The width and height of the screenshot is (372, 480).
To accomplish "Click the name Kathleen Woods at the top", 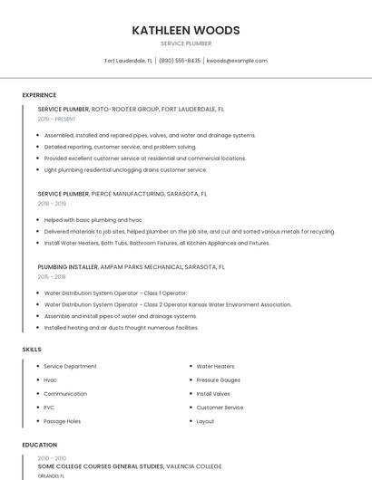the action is [186, 30].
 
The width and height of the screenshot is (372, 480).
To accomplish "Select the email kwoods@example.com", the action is [237, 61].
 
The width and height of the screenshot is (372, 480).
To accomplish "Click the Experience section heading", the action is [39, 95].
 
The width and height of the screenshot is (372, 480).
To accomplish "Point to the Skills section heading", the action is [32, 349].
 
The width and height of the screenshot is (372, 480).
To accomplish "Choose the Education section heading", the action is [40, 445].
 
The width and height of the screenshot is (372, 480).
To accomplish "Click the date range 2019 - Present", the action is [57, 119].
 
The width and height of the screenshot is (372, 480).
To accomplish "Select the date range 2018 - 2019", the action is [52, 204].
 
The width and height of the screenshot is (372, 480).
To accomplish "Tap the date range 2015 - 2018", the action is [52, 277].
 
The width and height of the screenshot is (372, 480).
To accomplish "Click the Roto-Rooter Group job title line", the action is [131, 109].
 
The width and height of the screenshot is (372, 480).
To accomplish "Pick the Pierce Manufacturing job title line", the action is [122, 194].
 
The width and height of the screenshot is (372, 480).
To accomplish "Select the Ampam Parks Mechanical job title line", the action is [132, 267].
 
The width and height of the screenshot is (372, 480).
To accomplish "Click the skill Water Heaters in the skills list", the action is [215, 367].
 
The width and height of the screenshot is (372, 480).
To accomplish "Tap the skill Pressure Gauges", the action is [218, 380].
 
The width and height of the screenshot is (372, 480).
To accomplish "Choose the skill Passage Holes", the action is [62, 421].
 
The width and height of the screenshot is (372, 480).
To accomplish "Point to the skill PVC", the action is [49, 408].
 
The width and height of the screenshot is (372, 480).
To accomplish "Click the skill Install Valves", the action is [212, 394].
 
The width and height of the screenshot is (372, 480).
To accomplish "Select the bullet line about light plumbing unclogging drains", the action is [125, 169].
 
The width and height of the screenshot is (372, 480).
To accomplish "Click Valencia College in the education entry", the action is [194, 466].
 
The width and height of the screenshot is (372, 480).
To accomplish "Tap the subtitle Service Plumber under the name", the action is [186, 43].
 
